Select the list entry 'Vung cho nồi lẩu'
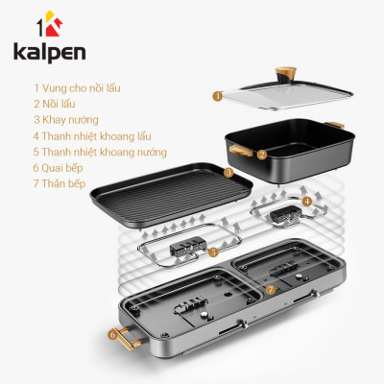77,86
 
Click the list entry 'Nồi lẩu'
60,103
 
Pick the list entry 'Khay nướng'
69,119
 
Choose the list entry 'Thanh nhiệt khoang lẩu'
92,135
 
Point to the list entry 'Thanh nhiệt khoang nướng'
100,152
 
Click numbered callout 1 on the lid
219,95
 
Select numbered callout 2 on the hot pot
262,154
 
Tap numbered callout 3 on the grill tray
228,173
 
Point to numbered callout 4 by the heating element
306,202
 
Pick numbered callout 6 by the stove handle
112,335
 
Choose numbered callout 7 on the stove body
272,288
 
